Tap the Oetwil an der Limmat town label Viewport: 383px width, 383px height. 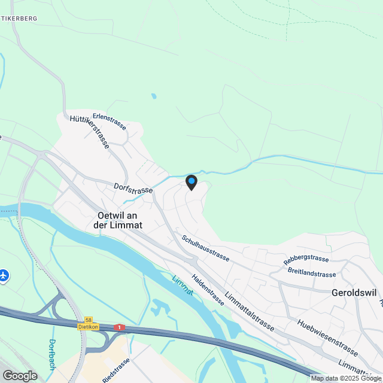pos(117,220)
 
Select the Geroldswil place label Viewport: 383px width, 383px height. pos(353,293)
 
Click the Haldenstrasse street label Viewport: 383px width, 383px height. pos(208,290)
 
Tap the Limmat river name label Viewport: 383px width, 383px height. pos(183,285)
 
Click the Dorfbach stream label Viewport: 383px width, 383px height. pos(52,354)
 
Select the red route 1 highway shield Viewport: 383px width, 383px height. pos(120,327)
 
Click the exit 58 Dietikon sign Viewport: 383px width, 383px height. pos(88,324)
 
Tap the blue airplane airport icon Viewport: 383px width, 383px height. pos(4,276)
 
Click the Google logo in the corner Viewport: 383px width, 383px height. pos(20,375)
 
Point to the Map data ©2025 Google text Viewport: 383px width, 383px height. pos(346,378)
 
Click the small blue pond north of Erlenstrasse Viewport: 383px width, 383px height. pos(154,96)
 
